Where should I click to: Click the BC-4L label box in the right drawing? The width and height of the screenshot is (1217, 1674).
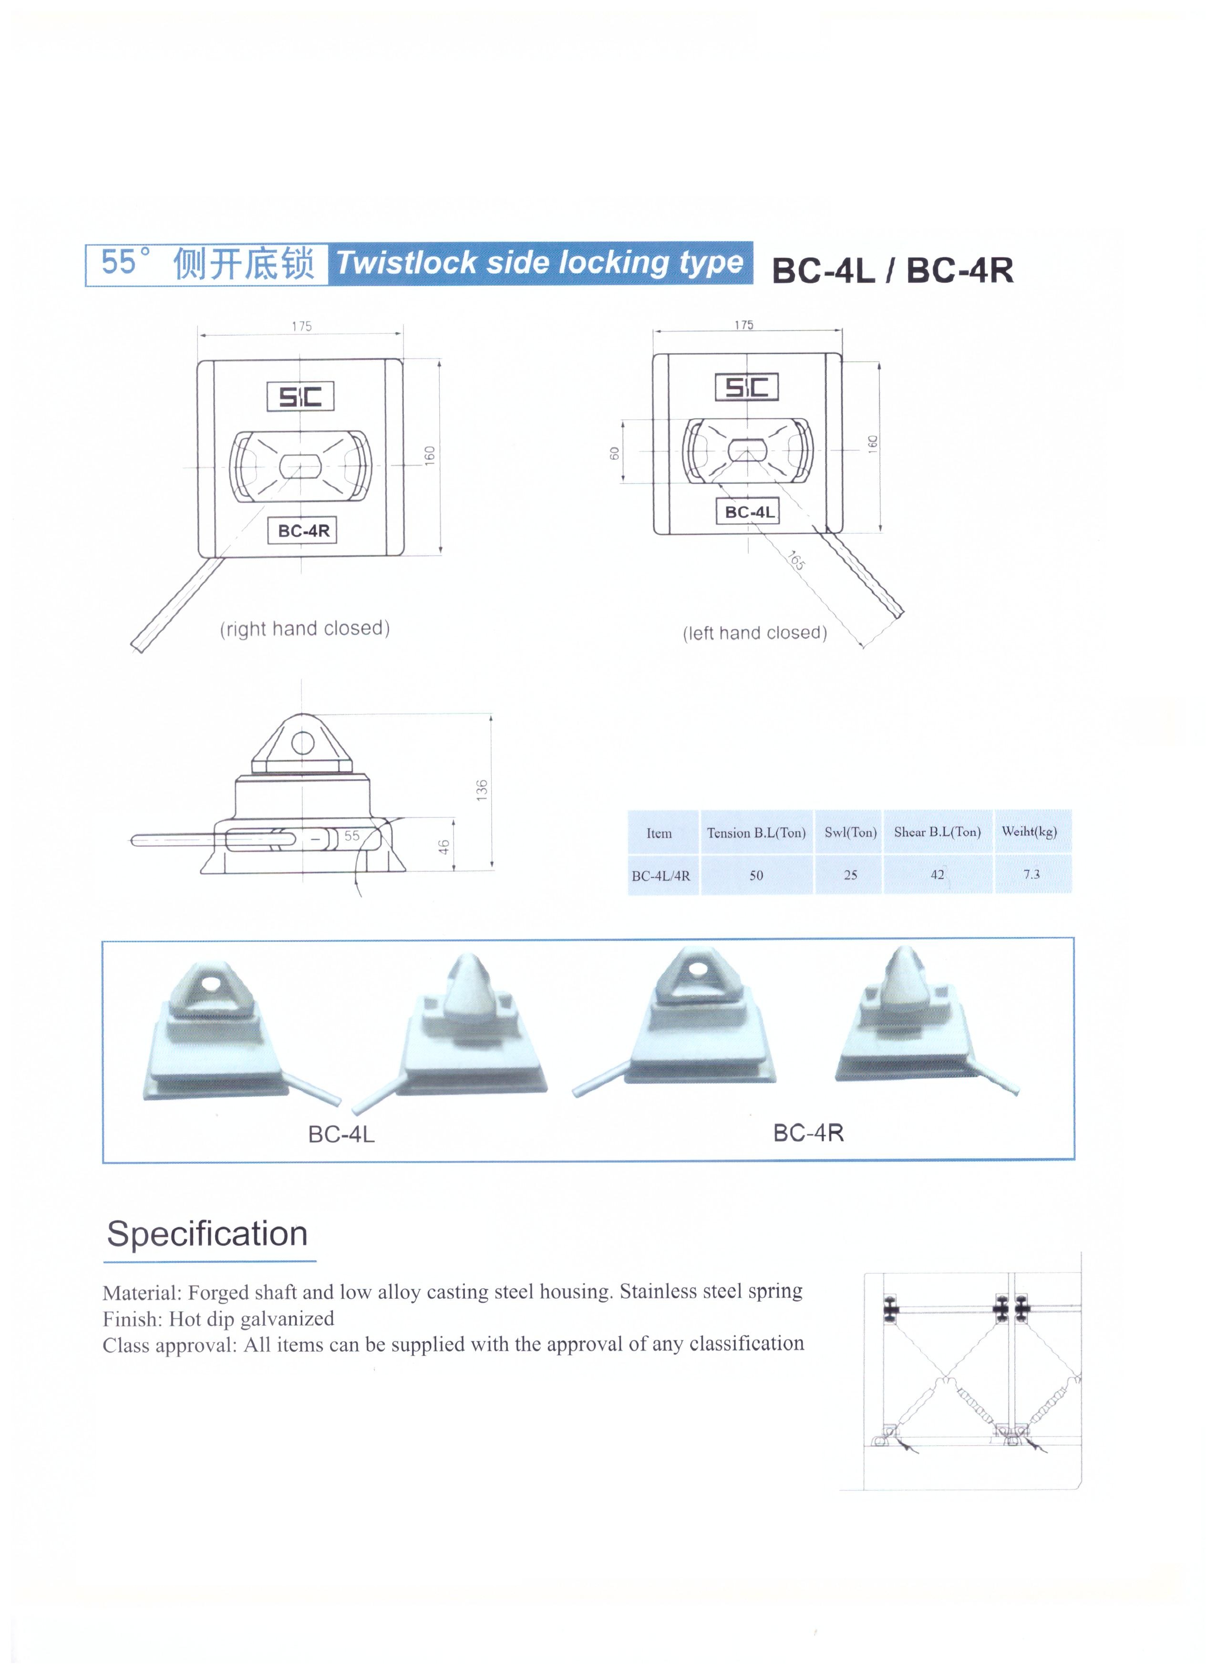(x=748, y=511)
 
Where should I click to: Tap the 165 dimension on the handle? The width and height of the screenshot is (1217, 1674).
(x=795, y=560)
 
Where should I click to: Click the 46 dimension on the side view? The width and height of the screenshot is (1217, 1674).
(x=443, y=847)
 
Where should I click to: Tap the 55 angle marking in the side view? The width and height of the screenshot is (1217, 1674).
(x=352, y=836)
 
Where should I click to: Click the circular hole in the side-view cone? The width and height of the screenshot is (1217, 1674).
(x=303, y=742)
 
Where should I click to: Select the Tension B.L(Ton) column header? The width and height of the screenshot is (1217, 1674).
(x=756, y=833)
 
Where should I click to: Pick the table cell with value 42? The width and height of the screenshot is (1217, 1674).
(x=937, y=875)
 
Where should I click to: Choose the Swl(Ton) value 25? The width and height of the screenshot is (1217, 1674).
(x=850, y=875)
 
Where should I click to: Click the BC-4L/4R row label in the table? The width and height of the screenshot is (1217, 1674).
(x=660, y=876)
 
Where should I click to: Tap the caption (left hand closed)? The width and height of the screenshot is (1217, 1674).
(x=754, y=632)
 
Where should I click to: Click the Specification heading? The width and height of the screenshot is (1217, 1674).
(x=207, y=1233)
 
